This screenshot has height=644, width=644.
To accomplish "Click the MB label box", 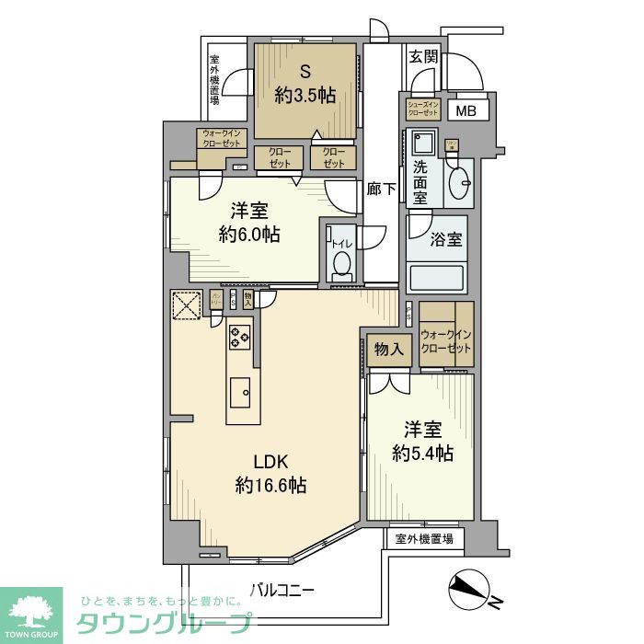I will pos(467,112).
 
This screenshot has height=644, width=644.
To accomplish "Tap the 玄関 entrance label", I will pos(423,56).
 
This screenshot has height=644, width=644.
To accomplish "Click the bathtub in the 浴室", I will pos(437,277).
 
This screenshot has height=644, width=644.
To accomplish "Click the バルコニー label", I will pos(282,590).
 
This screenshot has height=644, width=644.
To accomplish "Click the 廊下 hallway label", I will pos(381,190).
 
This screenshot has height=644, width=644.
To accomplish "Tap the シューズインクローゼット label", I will pos(426,109).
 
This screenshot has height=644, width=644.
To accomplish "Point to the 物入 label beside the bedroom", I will pos(390,349).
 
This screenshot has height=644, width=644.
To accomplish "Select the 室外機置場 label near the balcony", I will pos(424,539).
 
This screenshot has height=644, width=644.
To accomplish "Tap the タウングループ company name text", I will pos(162,622).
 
